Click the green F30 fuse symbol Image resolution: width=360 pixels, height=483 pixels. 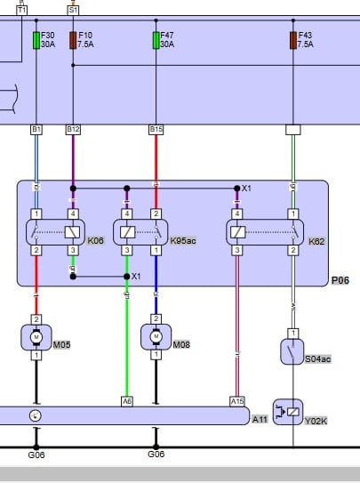(36, 40)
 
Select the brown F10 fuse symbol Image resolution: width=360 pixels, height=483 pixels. (73, 40)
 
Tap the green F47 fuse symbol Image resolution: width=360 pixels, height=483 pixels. (156, 40)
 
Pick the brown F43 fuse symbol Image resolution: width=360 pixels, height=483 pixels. (293, 40)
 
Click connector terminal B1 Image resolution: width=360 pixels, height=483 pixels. (36, 130)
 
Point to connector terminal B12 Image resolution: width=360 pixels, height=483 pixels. (73, 130)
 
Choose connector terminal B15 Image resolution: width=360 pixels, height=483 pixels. (156, 130)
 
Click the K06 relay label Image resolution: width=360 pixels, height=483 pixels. (95, 241)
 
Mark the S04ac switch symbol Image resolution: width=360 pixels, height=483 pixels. (292, 353)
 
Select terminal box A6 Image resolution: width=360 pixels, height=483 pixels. (126, 401)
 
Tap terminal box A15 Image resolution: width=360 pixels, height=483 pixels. (236, 401)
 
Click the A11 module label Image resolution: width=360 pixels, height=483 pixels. (260, 418)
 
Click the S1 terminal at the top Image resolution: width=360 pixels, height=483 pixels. (73, 9)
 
